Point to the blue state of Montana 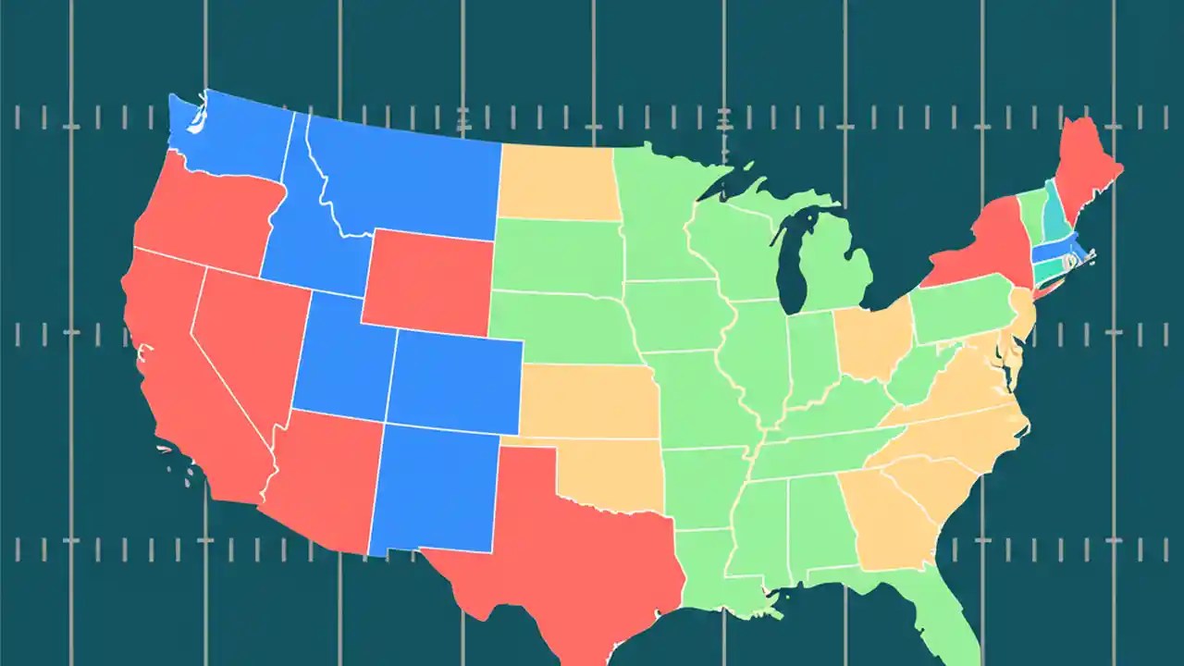(407, 180)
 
